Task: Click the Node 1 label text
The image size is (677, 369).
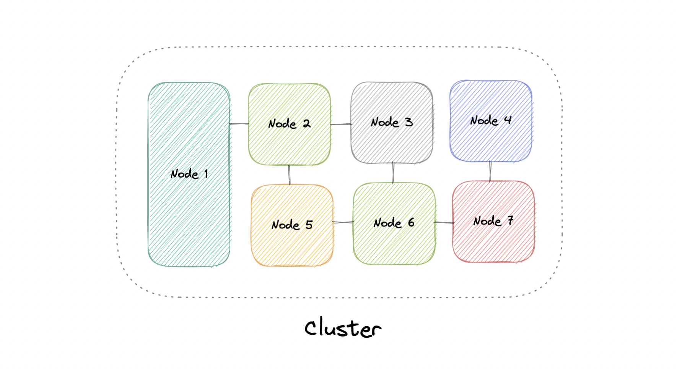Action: (x=189, y=174)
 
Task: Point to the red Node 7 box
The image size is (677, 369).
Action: (x=493, y=241)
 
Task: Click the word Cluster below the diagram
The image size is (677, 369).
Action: (x=343, y=328)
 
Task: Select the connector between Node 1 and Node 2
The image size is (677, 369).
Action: (x=239, y=124)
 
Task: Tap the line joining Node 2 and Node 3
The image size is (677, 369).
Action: (x=341, y=124)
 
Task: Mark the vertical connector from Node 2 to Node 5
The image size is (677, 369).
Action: (x=289, y=175)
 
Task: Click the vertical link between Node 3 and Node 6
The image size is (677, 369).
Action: (x=393, y=173)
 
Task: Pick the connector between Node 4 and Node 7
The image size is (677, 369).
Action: (x=490, y=171)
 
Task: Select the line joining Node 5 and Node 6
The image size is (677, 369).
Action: (x=343, y=222)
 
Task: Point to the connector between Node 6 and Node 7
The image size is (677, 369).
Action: (x=444, y=222)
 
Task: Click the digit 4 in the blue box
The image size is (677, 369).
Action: (x=508, y=120)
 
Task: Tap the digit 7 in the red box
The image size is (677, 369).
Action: (x=510, y=220)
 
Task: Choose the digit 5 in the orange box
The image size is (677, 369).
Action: (x=309, y=225)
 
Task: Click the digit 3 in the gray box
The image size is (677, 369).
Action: (x=409, y=122)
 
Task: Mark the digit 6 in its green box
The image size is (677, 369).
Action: (x=411, y=222)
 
